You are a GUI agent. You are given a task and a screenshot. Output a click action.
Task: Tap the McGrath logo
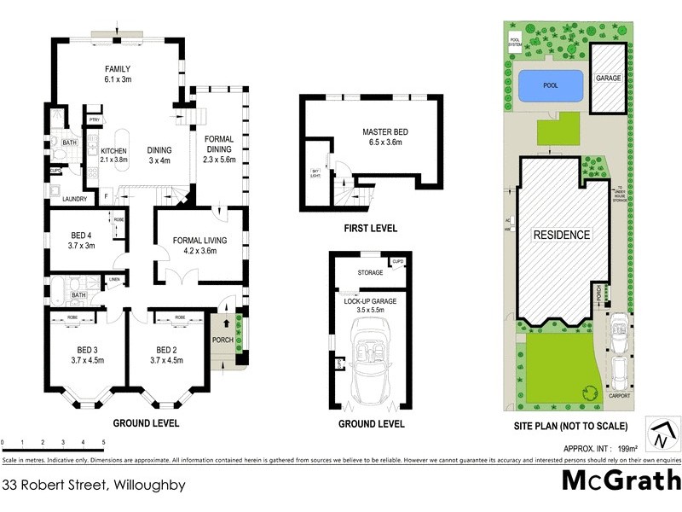click(x=621, y=480)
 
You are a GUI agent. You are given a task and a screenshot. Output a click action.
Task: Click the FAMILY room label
click(x=118, y=68)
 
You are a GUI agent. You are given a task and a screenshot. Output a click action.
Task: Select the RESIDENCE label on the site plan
click(x=561, y=234)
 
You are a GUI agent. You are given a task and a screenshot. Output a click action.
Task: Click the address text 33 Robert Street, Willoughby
click(x=94, y=485)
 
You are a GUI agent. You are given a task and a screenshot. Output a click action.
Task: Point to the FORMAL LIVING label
click(x=195, y=240)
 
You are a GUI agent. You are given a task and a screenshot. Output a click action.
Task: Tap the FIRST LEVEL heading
click(x=371, y=228)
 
